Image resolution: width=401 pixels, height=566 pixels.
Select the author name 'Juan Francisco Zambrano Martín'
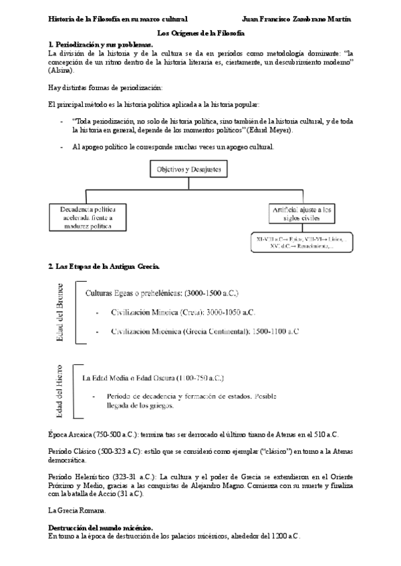pos(297,19)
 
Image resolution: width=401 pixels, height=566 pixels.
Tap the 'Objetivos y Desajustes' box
pos(188,170)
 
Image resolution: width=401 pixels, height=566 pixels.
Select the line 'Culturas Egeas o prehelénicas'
pos(162,293)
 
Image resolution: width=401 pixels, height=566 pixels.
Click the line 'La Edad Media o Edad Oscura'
pos(158,378)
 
